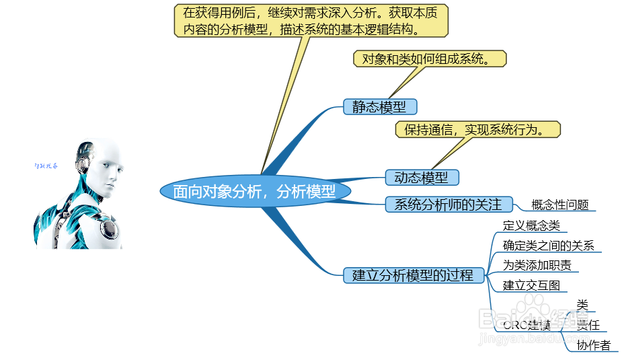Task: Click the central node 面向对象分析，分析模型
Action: [256, 192]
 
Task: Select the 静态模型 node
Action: [379, 107]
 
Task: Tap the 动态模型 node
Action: [422, 178]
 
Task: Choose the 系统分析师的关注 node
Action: [448, 205]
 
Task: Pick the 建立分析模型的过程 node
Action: [413, 275]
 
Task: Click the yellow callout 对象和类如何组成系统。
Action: [430, 59]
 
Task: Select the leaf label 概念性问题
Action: [559, 205]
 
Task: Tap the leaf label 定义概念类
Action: [531, 226]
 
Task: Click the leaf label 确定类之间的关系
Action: [549, 246]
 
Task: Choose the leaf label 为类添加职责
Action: [537, 265]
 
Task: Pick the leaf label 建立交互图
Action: [531, 285]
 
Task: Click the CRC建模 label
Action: [526, 326]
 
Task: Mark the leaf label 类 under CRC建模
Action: [582, 305]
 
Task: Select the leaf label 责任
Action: [588, 325]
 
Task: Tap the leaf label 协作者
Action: [593, 345]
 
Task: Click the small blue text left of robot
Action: [46, 166]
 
